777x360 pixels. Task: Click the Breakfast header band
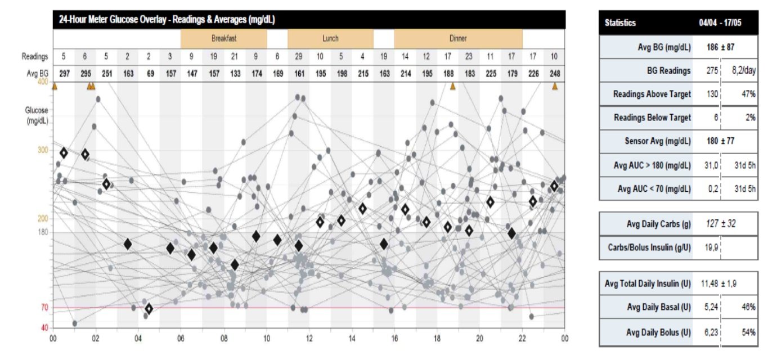click(x=223, y=39)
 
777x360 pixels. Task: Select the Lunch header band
click(x=330, y=39)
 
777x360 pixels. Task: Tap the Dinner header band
click(x=458, y=39)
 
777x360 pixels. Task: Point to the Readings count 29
click(x=299, y=56)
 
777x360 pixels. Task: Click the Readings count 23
click(x=469, y=56)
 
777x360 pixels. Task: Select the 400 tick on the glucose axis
click(x=43, y=82)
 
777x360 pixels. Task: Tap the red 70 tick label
click(x=44, y=308)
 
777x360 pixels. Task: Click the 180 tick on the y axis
click(x=43, y=232)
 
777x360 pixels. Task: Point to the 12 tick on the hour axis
click(x=309, y=339)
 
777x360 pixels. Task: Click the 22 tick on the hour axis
click(x=522, y=339)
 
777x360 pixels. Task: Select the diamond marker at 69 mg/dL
click(x=149, y=308)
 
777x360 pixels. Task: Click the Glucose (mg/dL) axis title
click(x=37, y=115)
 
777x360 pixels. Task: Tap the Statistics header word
click(x=620, y=23)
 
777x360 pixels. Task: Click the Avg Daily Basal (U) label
click(x=658, y=307)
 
